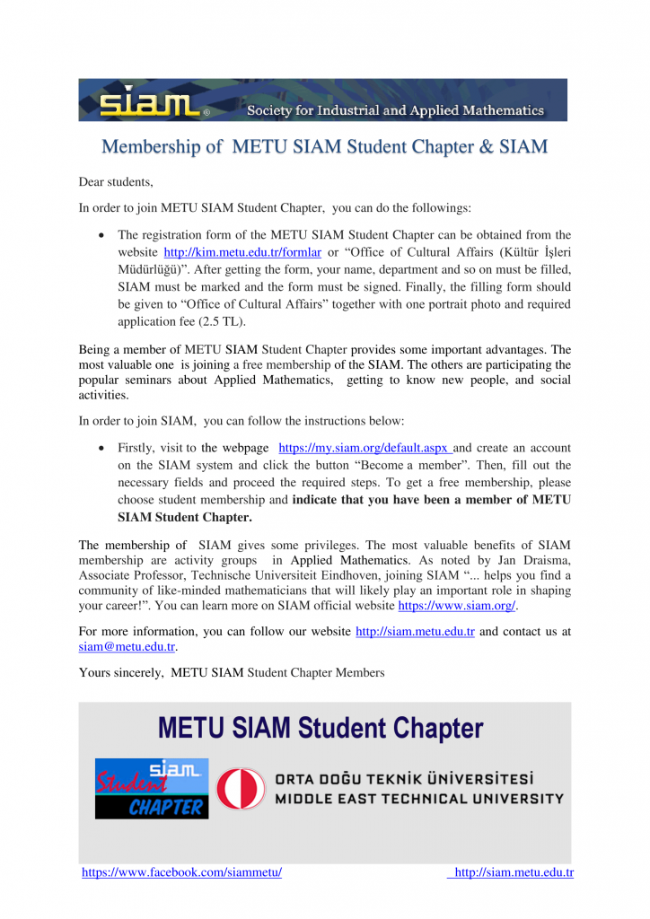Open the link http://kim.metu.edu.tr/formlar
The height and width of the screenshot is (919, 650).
point(242,252)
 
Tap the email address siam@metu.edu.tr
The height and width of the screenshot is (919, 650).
point(127,646)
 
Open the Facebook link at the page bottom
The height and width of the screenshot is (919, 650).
point(181,872)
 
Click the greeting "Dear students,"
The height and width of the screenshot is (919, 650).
point(116,181)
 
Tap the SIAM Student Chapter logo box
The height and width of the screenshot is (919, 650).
point(152,788)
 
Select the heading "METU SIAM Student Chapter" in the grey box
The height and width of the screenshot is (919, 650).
point(321,728)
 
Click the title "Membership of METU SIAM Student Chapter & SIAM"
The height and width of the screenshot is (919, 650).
point(324,146)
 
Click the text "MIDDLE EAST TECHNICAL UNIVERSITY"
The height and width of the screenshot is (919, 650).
point(418,799)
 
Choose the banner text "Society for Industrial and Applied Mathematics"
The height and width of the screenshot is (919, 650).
point(395,111)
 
